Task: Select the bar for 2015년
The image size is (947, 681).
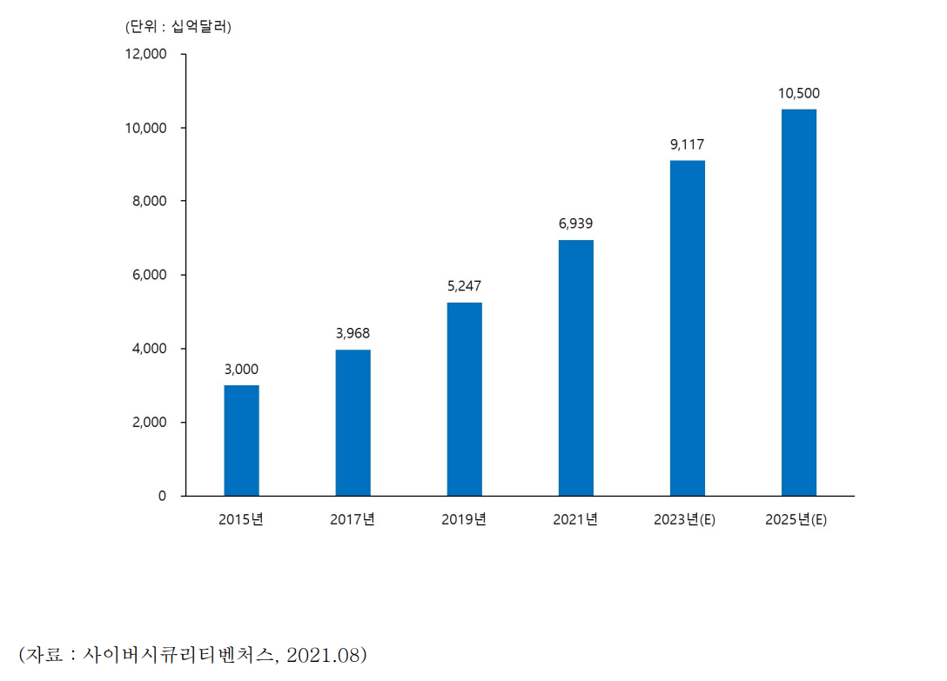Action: coord(241,441)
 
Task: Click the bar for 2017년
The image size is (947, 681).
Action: coord(353,423)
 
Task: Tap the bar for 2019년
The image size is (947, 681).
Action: coord(464,399)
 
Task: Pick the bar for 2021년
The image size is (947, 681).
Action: coord(575,368)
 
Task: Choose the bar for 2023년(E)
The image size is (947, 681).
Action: coord(687,328)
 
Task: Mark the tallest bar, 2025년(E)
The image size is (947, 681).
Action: coord(798,303)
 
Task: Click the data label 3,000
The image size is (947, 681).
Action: coord(241,370)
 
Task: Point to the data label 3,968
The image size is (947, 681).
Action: coord(353,333)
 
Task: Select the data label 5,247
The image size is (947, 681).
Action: coord(464,286)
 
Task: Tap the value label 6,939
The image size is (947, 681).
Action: coord(575,224)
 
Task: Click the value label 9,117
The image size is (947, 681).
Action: coord(687,144)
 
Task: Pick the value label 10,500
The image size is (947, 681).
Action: coord(798,93)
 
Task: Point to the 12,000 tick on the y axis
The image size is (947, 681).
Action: coord(146,54)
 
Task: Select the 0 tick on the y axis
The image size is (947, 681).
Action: coord(163,496)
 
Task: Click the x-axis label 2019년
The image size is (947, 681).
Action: coord(464,520)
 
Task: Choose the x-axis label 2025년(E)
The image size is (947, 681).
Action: coord(798,520)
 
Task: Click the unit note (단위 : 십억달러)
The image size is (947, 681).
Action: coord(178,26)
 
